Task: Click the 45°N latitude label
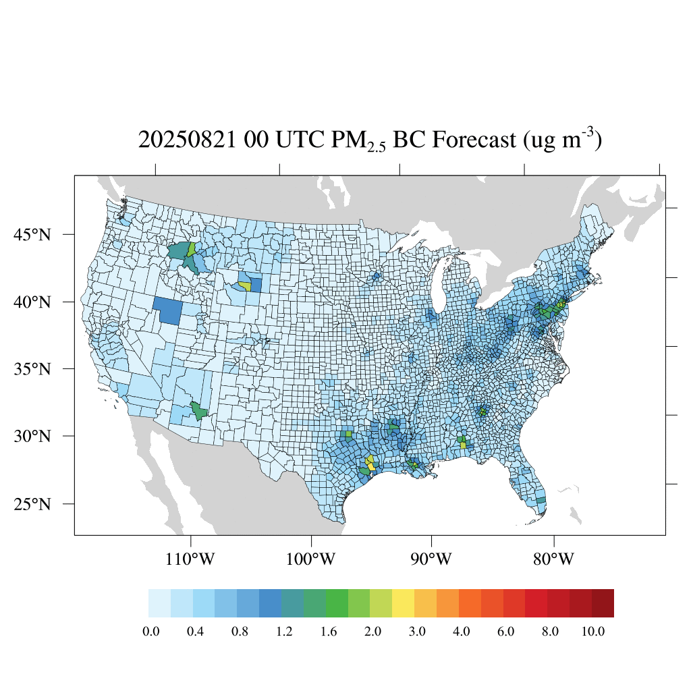32,235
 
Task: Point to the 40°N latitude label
32,302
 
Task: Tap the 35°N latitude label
32,369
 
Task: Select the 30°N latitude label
32,436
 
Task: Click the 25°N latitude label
32,504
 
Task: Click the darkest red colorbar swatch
603,603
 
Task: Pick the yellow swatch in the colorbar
403,603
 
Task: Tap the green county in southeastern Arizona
199,410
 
